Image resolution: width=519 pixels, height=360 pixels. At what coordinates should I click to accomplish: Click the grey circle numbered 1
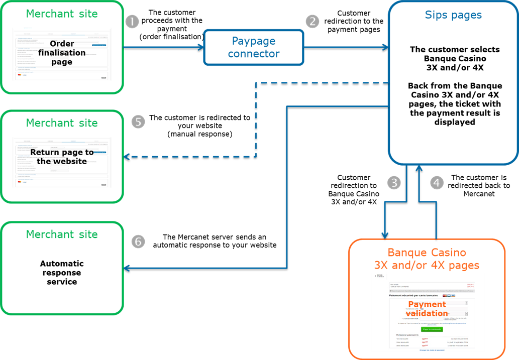point(132,22)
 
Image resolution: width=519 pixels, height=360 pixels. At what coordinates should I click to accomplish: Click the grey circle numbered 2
point(313,22)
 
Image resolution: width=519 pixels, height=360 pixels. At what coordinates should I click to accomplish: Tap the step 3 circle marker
point(394,183)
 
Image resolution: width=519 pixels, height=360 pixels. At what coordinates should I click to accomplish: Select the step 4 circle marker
point(437,183)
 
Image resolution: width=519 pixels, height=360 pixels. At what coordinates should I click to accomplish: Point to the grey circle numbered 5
point(138,122)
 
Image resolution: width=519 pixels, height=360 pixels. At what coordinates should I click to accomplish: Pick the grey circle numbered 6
point(138,242)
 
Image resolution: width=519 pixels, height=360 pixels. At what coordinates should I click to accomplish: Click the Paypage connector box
point(253,47)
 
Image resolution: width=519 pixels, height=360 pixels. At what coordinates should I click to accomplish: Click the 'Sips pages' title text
point(453,15)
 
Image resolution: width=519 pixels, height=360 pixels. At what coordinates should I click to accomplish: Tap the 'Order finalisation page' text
point(62,53)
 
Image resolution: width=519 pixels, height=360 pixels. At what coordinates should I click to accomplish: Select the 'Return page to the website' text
point(62,157)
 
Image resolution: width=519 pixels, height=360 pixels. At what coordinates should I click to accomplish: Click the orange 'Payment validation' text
point(427,309)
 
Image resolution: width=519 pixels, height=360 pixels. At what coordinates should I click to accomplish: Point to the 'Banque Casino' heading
point(427,252)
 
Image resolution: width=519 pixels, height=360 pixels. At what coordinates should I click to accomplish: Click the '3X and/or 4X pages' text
point(427,265)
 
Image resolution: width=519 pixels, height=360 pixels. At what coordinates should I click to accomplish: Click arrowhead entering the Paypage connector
point(201,47)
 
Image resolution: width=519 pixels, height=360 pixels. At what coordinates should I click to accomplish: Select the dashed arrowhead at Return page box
point(127,157)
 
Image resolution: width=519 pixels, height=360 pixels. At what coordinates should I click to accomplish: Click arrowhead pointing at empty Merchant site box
point(127,269)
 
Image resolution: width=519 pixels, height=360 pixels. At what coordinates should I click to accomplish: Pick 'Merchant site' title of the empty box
point(62,234)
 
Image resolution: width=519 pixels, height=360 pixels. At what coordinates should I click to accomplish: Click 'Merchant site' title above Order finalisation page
point(62,14)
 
